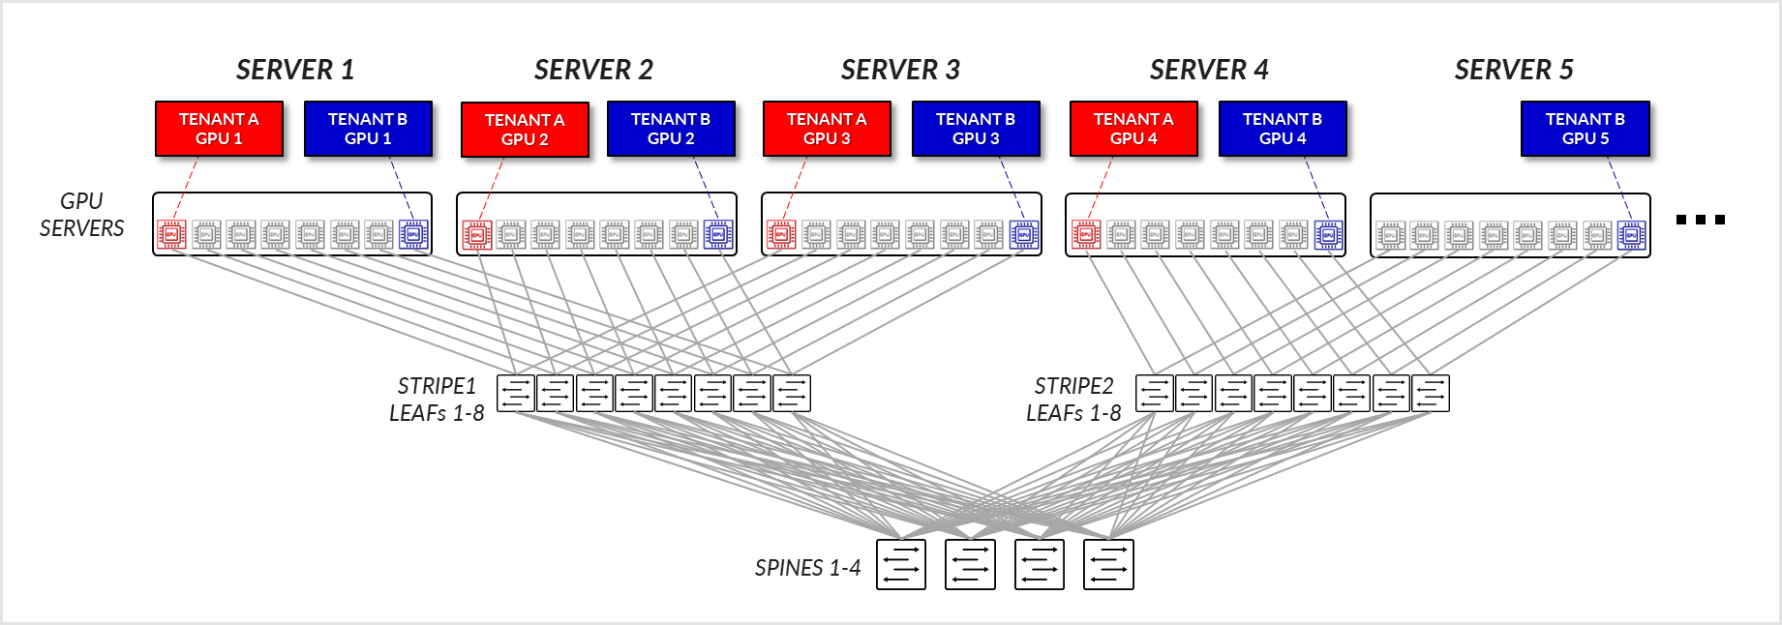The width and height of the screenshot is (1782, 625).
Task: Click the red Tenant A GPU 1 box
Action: point(219,129)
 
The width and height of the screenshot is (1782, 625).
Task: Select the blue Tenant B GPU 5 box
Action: point(1585,129)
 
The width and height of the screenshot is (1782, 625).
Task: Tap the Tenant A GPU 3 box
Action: point(826,129)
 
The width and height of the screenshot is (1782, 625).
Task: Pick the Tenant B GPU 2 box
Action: point(670,129)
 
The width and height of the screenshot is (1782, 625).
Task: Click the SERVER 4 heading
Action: point(1208,70)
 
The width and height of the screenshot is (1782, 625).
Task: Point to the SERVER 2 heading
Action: point(593,70)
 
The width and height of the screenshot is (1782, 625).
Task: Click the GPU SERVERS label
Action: point(81,215)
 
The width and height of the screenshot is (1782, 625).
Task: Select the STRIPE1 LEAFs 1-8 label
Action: point(437,400)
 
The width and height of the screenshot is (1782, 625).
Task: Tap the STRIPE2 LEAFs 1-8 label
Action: point(1073,400)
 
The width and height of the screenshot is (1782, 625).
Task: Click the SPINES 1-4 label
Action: point(807,568)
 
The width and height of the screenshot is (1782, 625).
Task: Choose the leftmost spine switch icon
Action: point(901,565)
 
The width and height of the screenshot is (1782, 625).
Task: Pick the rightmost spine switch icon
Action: point(1108,565)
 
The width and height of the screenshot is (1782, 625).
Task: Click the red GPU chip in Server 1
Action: point(171,234)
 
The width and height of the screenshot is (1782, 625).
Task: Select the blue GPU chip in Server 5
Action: point(1631,235)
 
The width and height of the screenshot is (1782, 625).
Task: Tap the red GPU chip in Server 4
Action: point(1086,234)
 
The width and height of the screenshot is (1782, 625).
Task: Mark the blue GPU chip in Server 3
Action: point(1023,234)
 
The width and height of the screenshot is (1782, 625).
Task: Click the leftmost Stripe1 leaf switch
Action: point(516,394)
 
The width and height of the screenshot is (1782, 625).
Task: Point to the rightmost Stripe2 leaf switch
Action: point(1431,394)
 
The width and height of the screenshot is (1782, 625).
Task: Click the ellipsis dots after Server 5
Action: point(1700,220)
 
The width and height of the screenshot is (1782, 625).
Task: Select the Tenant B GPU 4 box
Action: point(1282,129)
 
